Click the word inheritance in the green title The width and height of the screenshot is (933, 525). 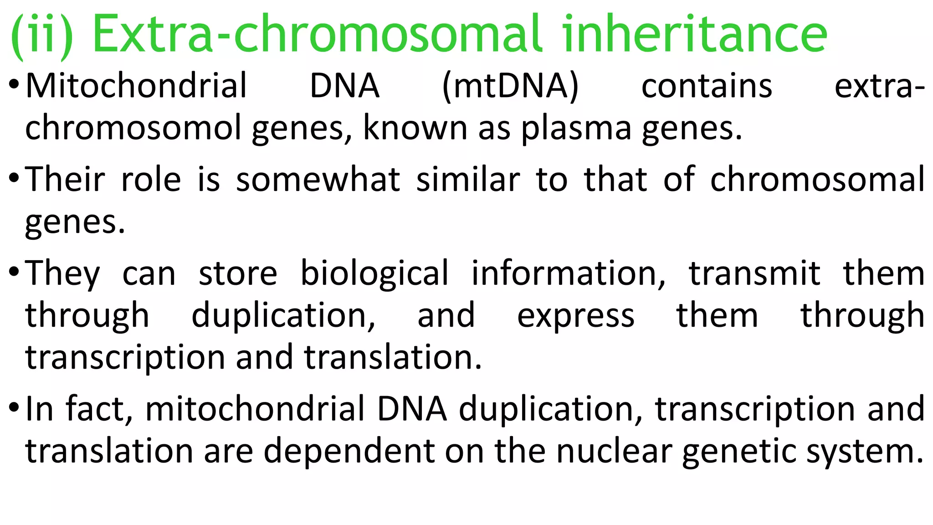tap(695, 33)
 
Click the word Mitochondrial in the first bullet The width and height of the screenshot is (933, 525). tap(136, 85)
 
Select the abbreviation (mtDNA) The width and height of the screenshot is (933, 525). tap(510, 87)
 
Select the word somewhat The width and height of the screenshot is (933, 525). tap(318, 179)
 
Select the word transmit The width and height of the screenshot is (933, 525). tap(754, 273)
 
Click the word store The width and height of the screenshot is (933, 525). tap(238, 274)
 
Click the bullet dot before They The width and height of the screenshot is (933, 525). tap(14, 273)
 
